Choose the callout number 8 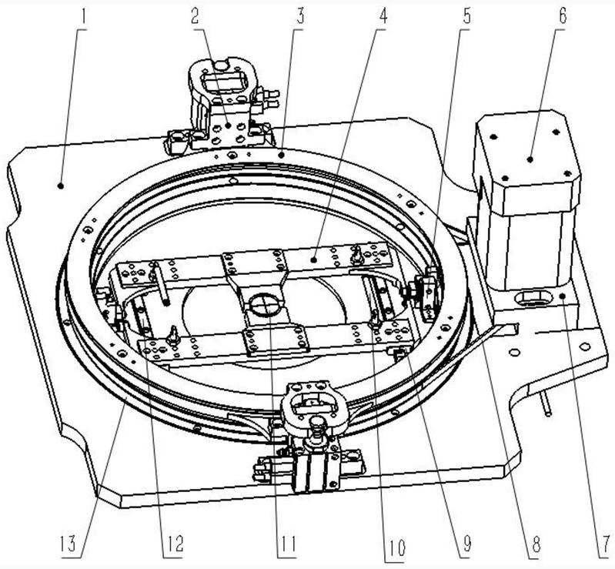coord(531,545)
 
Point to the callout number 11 coord(286,545)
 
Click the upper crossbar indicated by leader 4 coord(323,258)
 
